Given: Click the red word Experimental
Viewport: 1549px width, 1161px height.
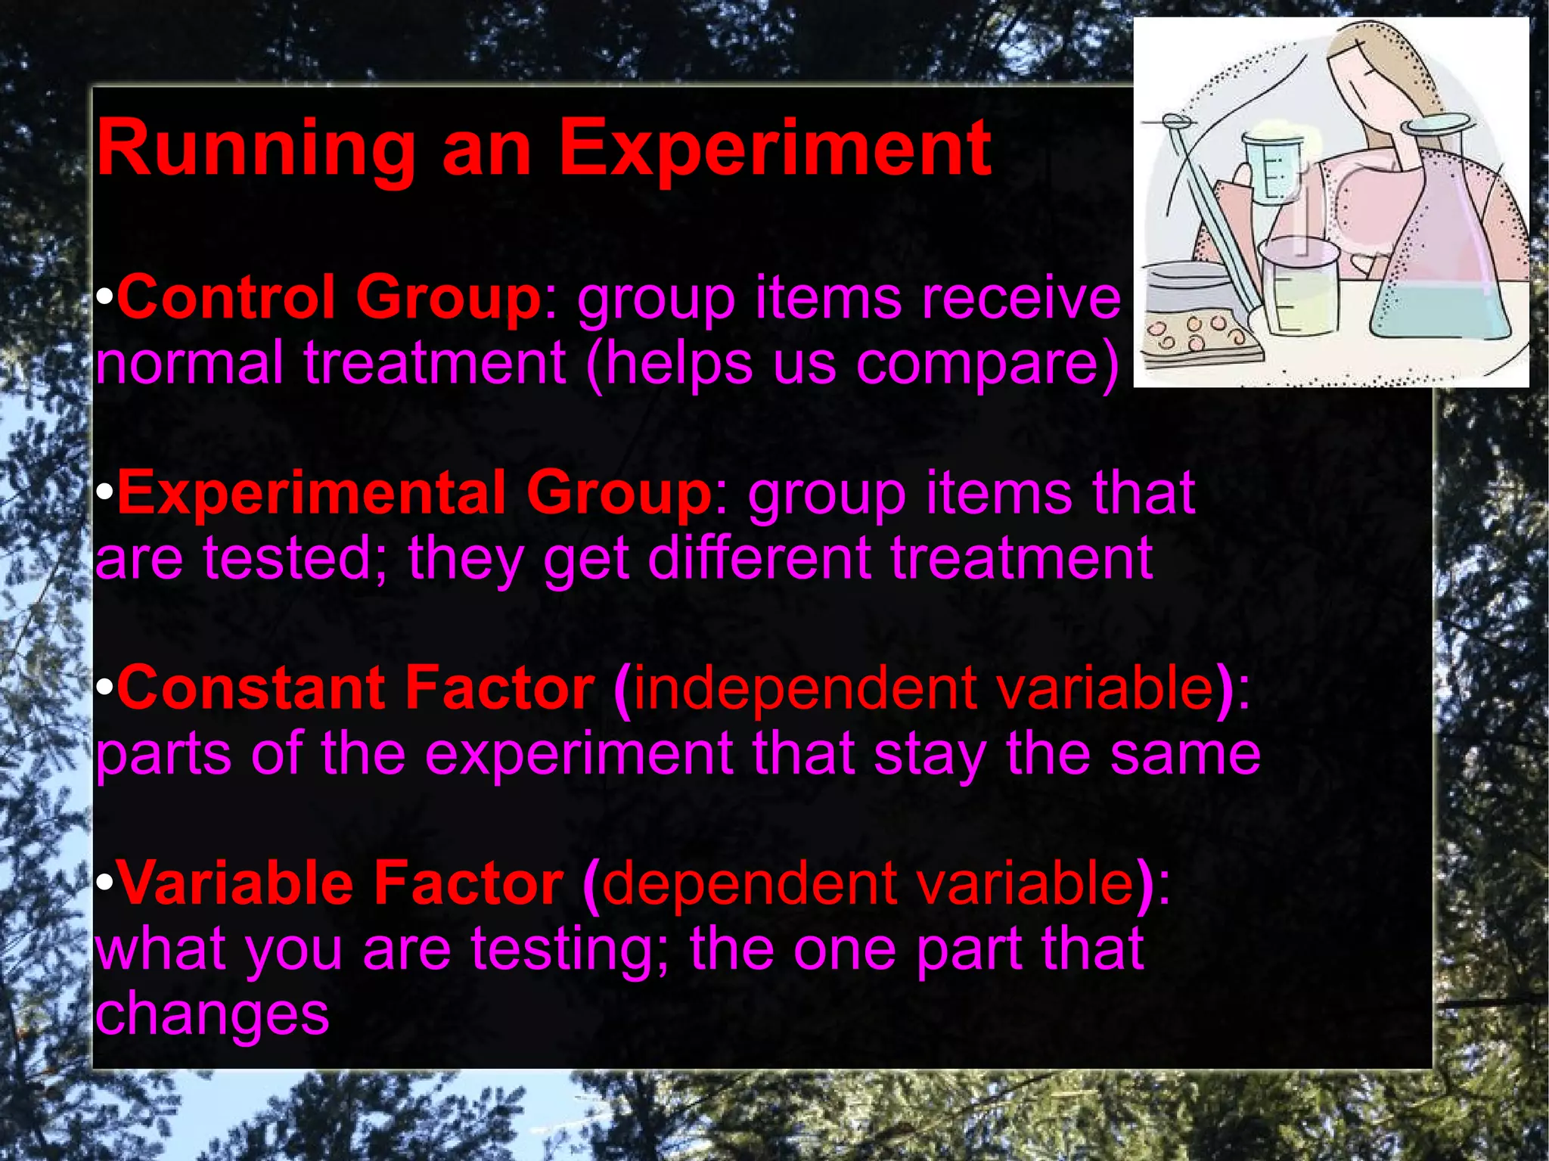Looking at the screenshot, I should click(311, 492).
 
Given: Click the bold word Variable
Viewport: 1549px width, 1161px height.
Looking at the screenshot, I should click(235, 883).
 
